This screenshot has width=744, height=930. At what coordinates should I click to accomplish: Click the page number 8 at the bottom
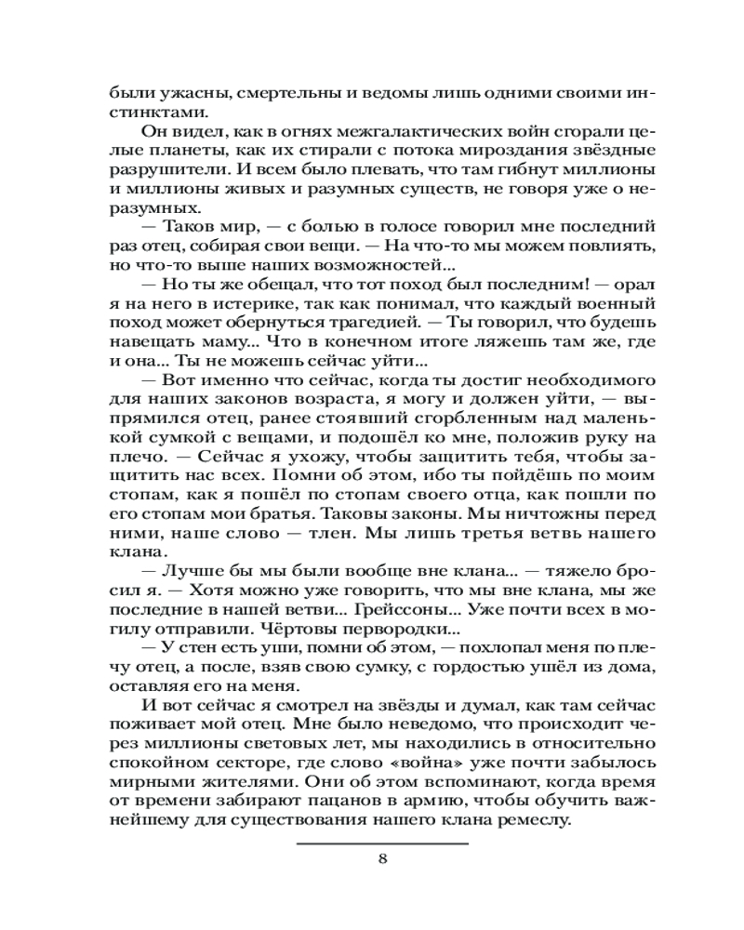click(x=382, y=857)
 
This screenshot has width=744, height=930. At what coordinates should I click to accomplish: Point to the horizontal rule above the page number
click(x=382, y=843)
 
